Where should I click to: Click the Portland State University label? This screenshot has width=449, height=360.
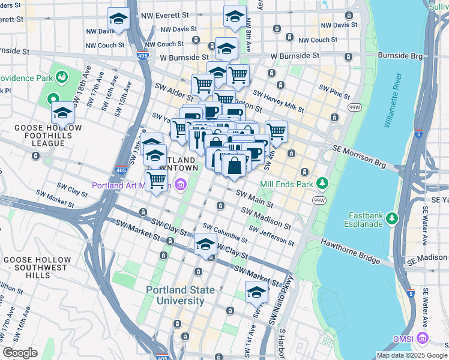click(x=181, y=295)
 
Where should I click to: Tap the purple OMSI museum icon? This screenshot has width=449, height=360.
click(x=424, y=339)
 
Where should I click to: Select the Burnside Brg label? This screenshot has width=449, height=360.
click(x=399, y=56)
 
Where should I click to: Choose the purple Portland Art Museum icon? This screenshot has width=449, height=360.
click(x=178, y=185)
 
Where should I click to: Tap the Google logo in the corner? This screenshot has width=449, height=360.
click(x=20, y=353)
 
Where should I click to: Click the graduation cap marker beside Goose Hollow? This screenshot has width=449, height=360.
click(x=63, y=112)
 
